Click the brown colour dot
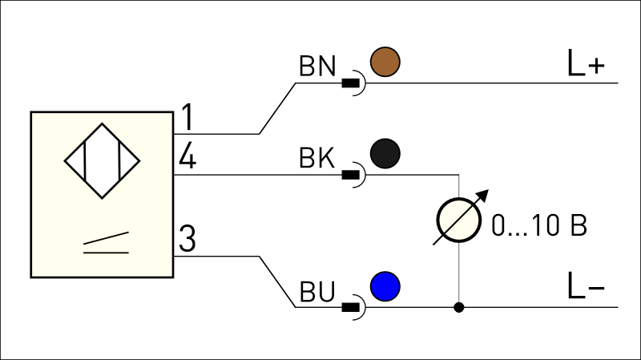pos(385,62)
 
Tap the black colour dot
pos(385,153)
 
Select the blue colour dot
pos(385,286)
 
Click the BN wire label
pos(317,67)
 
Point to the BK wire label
pos(317,158)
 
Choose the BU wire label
pos(317,292)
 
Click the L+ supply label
pos(586,63)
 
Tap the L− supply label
pos(586,285)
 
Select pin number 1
pos(187,117)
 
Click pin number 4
pos(187,156)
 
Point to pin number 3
pos(187,238)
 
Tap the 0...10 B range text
pos(539,225)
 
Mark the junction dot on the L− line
pos(458,307)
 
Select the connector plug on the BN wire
pos(354,83)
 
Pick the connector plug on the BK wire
pos(354,175)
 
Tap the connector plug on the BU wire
pos(354,307)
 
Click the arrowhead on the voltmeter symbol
pos(484,195)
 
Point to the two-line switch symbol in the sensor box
pos(107,243)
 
